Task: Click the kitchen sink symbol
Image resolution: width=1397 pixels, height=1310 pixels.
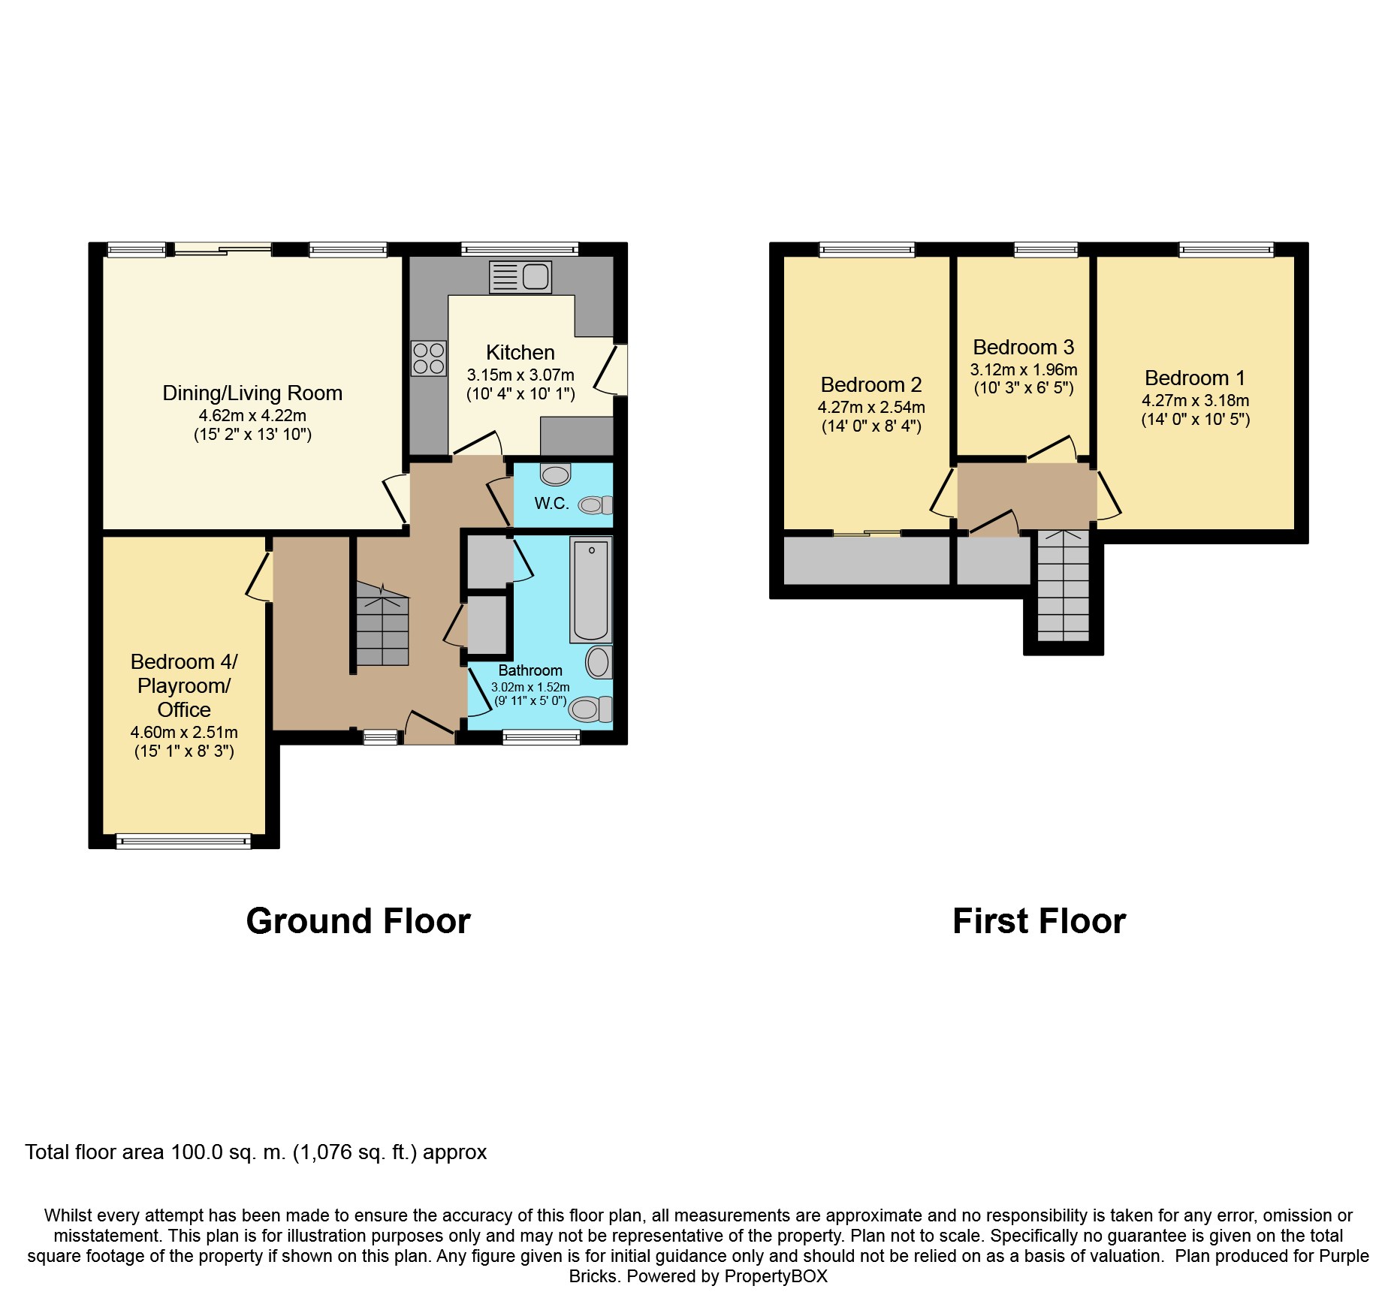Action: [520, 277]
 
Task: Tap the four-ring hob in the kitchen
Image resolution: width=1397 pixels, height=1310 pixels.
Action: [429, 358]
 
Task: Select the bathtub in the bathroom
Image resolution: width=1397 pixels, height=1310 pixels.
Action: [590, 589]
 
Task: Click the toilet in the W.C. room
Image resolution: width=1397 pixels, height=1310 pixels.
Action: [595, 505]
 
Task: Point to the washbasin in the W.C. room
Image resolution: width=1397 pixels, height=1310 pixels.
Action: [555, 474]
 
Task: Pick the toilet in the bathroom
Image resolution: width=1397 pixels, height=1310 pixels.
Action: [590, 709]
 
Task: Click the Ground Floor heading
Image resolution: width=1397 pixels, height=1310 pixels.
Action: [358, 921]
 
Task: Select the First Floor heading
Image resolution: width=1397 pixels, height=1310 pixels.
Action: [1039, 921]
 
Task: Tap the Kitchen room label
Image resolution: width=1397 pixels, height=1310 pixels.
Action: [520, 352]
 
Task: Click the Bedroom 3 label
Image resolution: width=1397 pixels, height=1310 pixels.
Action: [1023, 347]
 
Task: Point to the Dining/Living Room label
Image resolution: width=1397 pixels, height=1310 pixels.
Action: [252, 393]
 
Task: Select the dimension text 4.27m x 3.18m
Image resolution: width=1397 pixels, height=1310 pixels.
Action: [1195, 400]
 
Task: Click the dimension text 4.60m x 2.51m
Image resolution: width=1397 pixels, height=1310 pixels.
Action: [184, 732]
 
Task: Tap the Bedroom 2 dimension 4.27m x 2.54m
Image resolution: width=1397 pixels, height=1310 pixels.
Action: [871, 407]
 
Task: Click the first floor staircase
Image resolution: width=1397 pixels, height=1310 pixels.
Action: [1063, 586]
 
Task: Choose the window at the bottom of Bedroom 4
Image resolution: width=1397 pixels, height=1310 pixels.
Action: [183, 842]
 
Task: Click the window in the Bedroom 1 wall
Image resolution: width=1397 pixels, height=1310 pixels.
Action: [1226, 249]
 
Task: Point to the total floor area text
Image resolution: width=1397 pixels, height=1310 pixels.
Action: [255, 1152]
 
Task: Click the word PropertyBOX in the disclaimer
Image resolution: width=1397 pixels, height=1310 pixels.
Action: [776, 1276]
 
